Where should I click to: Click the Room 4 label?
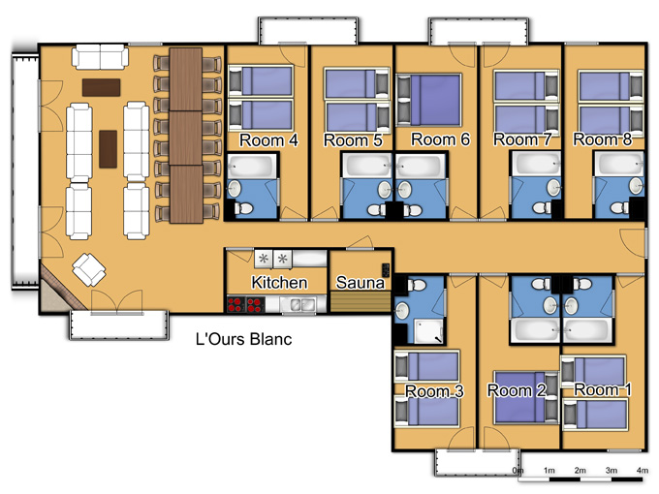[x=268, y=140]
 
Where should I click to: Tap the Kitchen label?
[x=279, y=282]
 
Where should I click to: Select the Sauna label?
[x=361, y=283]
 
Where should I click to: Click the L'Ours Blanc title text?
[x=244, y=339]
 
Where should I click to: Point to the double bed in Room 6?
[x=429, y=100]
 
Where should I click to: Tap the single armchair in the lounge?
[x=89, y=269]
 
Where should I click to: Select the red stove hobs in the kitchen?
[x=246, y=304]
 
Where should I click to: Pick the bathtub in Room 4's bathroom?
[x=252, y=166]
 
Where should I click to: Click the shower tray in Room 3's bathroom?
[x=428, y=331]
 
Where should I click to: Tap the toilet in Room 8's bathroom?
[x=620, y=207]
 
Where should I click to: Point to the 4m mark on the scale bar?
[x=642, y=470]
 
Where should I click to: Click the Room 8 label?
[x=602, y=139]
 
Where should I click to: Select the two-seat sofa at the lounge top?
[x=100, y=57]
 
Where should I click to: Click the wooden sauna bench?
[x=361, y=301]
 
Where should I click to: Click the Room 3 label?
[x=434, y=391]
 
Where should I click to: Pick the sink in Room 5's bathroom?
[x=384, y=190]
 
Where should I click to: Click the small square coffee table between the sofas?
[x=108, y=149]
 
